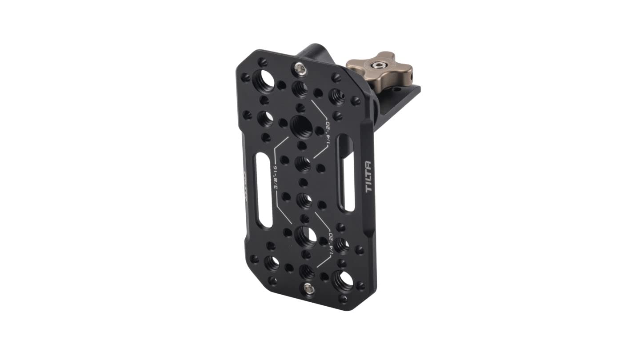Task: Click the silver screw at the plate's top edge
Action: tap(300, 69)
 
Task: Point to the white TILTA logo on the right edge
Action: tap(369, 176)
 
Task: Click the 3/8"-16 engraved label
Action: tap(275, 178)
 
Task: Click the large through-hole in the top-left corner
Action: tap(264, 80)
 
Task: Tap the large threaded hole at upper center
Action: tap(301, 126)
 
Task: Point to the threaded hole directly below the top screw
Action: tap(300, 89)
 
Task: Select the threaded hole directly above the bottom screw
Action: tap(307, 271)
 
